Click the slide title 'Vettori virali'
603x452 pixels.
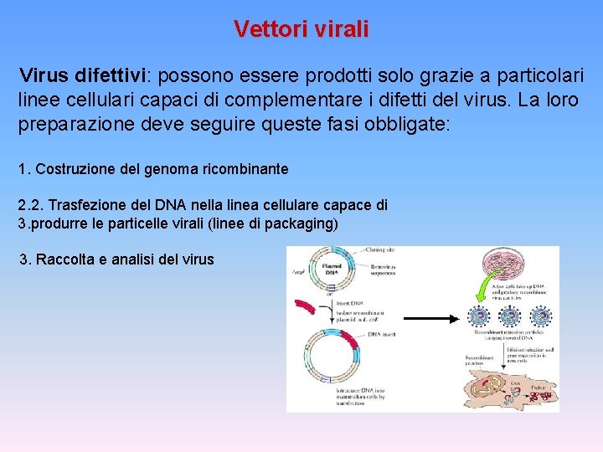point(301,29)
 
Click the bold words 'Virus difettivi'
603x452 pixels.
point(83,75)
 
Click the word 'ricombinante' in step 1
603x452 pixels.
point(245,169)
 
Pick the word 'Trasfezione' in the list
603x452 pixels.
point(90,206)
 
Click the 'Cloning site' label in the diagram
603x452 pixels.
point(382,250)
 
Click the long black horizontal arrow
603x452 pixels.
point(432,318)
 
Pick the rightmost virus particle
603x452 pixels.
point(540,317)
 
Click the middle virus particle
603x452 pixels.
point(509,317)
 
